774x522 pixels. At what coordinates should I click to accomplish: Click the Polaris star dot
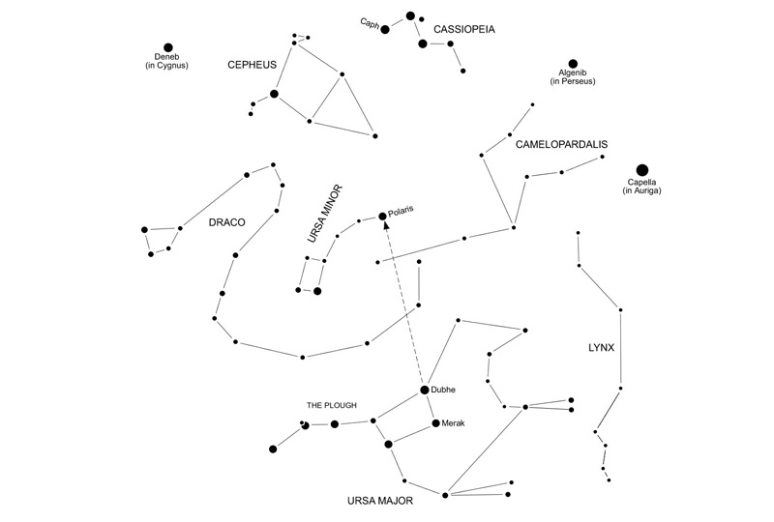click(x=382, y=216)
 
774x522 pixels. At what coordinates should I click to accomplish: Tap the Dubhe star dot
click(x=424, y=390)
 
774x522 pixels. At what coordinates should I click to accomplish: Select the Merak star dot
click(x=436, y=422)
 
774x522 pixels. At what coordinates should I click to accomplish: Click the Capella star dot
click(x=642, y=170)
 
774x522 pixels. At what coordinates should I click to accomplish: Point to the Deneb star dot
click(x=168, y=47)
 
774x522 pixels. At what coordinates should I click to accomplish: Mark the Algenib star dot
click(x=573, y=63)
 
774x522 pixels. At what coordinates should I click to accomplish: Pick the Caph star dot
click(x=384, y=29)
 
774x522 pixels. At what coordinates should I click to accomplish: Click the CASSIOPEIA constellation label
click(x=464, y=30)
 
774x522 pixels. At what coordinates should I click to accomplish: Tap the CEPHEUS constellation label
click(x=252, y=65)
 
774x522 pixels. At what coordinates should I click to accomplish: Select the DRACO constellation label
click(x=227, y=222)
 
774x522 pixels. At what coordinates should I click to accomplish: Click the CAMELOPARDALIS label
click(x=561, y=144)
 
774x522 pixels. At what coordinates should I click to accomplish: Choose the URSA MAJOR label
click(x=381, y=501)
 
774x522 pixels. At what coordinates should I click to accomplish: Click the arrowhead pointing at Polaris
click(x=384, y=226)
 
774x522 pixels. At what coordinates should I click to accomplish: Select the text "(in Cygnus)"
click(x=167, y=66)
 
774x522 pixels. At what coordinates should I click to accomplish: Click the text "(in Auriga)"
click(x=642, y=192)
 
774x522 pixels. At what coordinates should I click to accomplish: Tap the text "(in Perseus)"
click(x=573, y=81)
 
